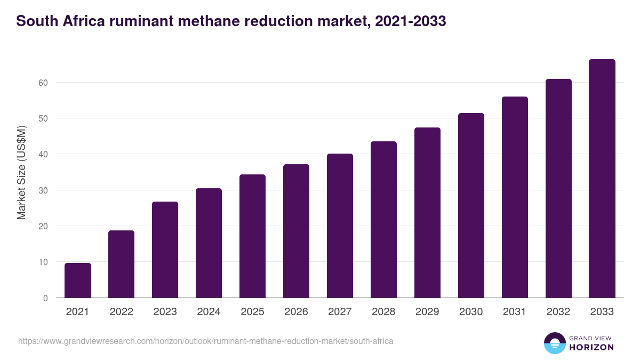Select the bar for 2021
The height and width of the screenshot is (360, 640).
coord(78,281)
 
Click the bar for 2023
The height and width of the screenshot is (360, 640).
coord(165,250)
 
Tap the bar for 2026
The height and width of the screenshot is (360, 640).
coord(296,231)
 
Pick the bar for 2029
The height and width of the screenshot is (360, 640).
coord(427,213)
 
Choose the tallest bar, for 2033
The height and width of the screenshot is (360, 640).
coord(602,179)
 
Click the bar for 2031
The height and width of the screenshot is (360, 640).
coord(515,197)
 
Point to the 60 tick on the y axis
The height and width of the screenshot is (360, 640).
coord(43,83)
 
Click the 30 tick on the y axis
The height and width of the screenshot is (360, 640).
coord(43,190)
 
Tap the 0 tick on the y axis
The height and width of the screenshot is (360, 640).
coord(45,298)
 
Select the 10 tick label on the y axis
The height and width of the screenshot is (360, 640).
coord(43,262)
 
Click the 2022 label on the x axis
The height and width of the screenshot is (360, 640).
coord(122,312)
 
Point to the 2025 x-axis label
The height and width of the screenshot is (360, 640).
coord(252,312)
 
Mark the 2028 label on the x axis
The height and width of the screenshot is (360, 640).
coord(383,312)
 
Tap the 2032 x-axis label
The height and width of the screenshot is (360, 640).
coord(558,312)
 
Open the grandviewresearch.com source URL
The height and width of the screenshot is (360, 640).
coord(205,341)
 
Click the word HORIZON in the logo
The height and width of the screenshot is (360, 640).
coord(591,347)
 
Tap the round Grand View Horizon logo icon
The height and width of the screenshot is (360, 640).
coord(555,343)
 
